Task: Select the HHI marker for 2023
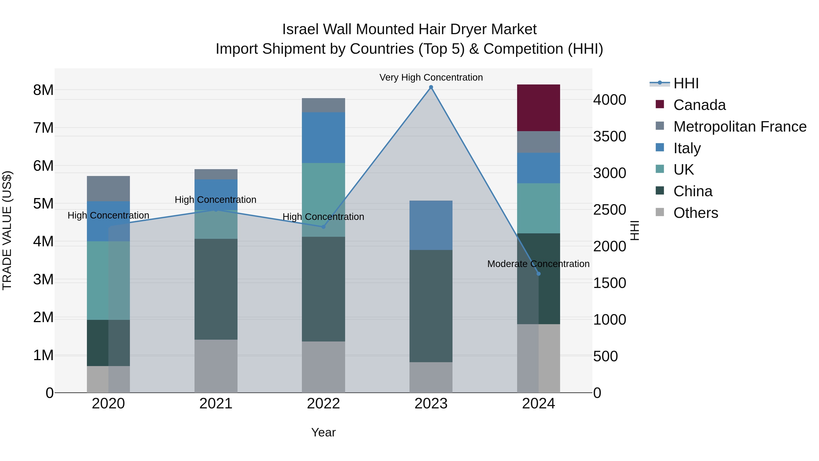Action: [x=431, y=87]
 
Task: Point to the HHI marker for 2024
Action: [x=538, y=274]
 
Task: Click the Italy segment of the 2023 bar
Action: [x=431, y=225]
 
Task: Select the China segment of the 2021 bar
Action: [x=216, y=289]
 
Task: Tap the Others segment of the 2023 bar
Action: [x=431, y=377]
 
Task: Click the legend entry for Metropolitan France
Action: [x=740, y=126]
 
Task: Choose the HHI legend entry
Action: [x=686, y=83]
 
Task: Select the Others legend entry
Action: [x=695, y=213]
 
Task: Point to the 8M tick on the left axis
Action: [x=43, y=90]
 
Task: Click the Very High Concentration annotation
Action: [x=431, y=77]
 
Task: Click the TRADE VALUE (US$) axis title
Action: [x=7, y=230]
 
